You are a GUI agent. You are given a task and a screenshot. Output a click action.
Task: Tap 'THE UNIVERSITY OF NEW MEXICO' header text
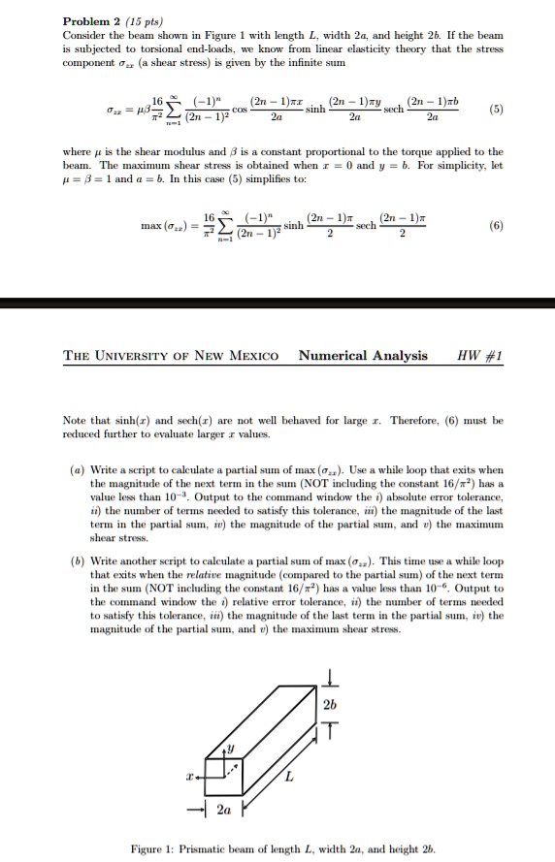point(171,356)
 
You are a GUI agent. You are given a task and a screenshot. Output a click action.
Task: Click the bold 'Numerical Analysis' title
point(363,356)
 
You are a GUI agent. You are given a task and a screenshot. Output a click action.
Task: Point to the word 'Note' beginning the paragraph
point(76,421)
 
